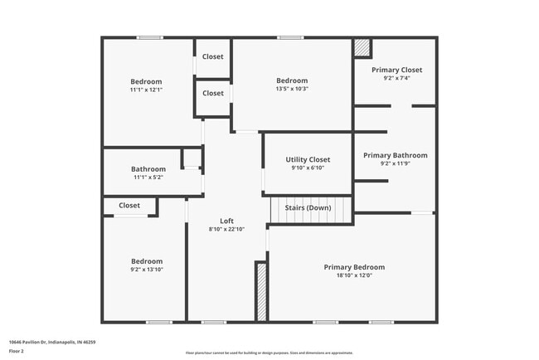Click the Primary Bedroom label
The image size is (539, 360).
[354, 267]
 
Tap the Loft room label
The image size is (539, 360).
[226, 221]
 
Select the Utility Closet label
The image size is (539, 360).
[308, 159]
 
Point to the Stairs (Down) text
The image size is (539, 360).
[308, 207]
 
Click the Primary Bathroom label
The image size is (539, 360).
[395, 155]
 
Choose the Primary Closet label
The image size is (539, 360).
[397, 70]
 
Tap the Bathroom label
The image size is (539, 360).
[148, 169]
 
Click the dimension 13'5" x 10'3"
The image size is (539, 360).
[292, 89]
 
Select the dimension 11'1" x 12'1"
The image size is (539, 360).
[146, 90]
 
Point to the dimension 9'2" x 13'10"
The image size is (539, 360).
[145, 269]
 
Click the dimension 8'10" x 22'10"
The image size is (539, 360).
[226, 229]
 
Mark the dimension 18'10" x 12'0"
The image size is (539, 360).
[354, 275]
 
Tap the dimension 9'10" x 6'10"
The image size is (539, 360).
[308, 168]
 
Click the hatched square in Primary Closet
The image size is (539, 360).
[362, 48]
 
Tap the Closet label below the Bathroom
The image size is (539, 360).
[129, 205]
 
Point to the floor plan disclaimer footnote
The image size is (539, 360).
[269, 353]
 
